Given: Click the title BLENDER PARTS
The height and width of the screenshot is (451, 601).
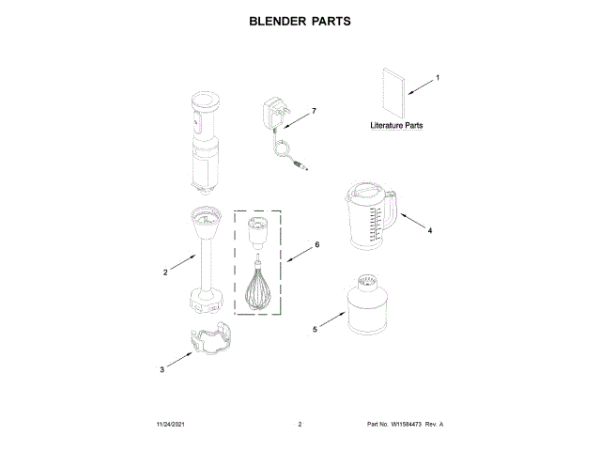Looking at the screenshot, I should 300,20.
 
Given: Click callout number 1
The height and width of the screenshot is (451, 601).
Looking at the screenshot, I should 437,77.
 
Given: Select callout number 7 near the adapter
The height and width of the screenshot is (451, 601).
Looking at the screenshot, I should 314,111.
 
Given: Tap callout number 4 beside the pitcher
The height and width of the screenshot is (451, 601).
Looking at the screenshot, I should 429,230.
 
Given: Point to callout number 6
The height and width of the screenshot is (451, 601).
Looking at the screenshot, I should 317,245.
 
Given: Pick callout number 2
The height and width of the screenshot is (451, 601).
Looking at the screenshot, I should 165,272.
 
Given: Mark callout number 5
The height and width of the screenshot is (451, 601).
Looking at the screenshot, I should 315,330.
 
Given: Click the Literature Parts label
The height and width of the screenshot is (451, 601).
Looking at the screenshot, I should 396,125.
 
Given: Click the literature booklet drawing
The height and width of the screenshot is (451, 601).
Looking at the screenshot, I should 390,90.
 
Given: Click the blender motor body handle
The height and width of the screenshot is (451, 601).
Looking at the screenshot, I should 206,141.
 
